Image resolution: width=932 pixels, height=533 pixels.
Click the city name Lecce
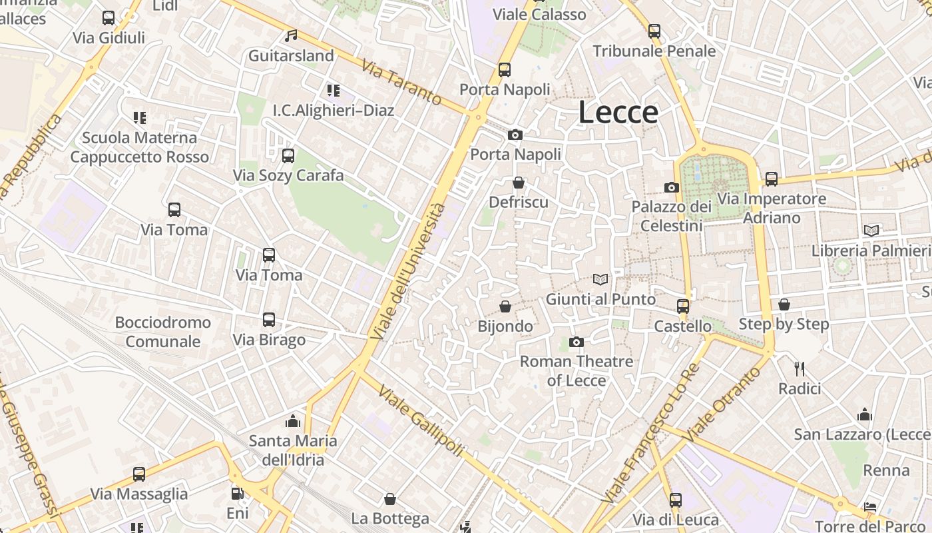(618, 113)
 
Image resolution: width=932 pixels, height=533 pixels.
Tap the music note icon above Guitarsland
(291, 36)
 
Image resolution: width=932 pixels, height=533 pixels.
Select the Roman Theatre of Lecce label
(577, 371)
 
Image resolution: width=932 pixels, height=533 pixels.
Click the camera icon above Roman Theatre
(577, 342)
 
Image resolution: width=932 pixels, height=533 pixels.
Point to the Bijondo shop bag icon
(505, 306)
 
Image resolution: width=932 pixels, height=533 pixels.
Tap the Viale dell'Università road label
(409, 271)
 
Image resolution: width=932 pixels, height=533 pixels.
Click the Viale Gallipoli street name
(420, 420)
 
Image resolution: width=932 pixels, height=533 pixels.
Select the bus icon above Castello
(682, 306)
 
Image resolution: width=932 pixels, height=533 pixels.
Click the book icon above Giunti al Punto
(600, 280)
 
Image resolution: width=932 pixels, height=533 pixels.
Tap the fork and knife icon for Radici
(800, 368)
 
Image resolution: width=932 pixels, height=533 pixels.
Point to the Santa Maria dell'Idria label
(293, 450)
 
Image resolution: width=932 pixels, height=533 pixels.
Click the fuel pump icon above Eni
(237, 494)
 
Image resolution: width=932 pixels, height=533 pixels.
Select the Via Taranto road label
(402, 83)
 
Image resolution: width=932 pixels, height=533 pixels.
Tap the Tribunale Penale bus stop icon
(654, 31)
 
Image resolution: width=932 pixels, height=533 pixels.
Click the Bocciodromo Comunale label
(163, 332)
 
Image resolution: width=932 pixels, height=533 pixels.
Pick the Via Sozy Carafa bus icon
(288, 156)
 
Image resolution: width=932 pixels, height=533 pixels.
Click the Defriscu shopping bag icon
(519, 183)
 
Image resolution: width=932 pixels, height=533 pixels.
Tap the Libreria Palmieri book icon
(871, 231)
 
